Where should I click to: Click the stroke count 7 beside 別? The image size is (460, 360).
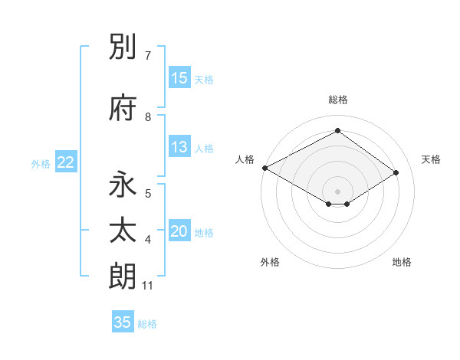tap(148, 56)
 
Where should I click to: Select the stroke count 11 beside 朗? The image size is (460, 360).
tap(148, 286)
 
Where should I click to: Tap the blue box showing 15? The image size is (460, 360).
tap(179, 78)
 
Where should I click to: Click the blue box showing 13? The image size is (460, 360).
tap(179, 147)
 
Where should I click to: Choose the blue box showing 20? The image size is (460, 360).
tap(179, 231)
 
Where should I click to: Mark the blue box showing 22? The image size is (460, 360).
tap(66, 162)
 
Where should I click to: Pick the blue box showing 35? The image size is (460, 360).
tap(123, 322)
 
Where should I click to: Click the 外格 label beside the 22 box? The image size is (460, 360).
tap(41, 163)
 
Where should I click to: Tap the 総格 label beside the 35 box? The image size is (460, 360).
tap(147, 324)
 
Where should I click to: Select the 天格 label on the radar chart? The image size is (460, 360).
tap(431, 159)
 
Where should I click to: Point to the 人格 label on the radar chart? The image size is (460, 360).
tap(245, 159)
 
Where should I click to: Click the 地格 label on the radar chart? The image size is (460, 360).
tap(402, 262)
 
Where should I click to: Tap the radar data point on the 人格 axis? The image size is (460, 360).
tap(264, 167)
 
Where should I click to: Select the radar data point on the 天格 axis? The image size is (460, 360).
tap(396, 172)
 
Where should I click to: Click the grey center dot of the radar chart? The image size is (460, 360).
tap(337, 191)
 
